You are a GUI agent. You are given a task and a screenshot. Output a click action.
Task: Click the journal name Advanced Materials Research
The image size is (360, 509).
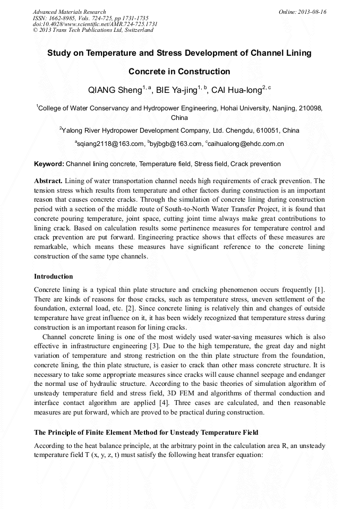[69, 12]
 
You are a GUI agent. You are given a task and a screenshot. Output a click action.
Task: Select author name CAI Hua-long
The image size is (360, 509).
[236, 90]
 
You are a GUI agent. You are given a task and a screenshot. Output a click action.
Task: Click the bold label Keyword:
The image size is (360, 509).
[49, 164]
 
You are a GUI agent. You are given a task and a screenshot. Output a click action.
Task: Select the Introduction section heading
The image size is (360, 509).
[53, 277]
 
